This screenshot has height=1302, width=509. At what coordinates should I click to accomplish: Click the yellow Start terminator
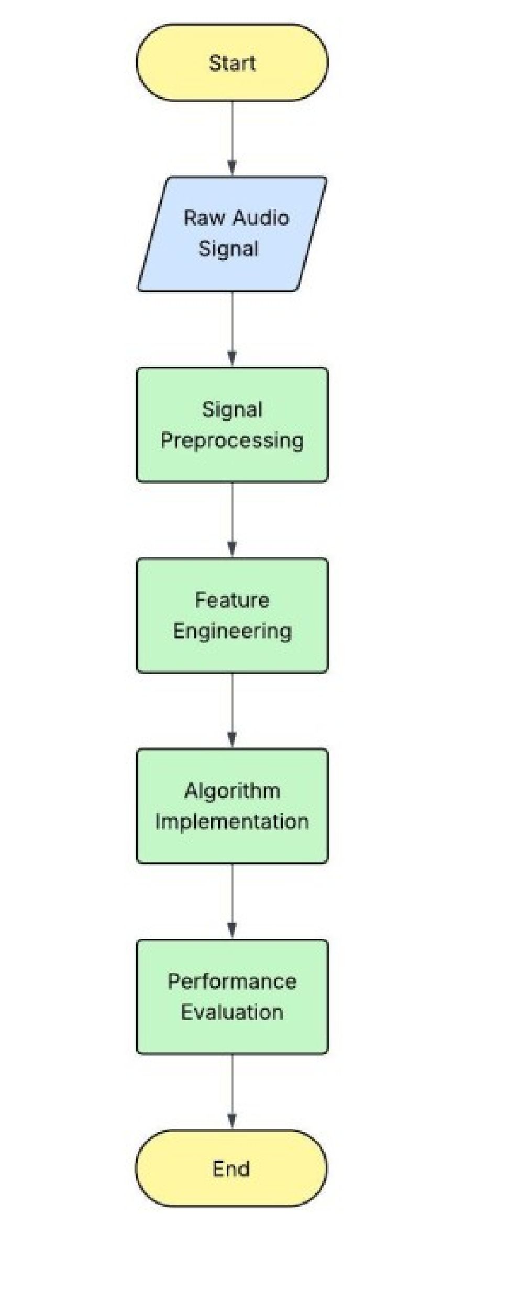point(232,62)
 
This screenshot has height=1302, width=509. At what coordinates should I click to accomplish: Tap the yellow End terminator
point(231,1168)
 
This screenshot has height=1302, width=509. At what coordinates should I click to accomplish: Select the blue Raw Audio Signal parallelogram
point(232,233)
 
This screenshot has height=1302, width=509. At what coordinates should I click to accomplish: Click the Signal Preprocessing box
point(232,424)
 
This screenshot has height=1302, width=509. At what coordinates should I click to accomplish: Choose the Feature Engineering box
point(232,615)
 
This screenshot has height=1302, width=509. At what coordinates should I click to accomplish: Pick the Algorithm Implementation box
point(232,806)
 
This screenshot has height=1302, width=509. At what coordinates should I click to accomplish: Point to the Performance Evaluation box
point(232,996)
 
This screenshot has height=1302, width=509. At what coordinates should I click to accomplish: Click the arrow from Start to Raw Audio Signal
point(232,138)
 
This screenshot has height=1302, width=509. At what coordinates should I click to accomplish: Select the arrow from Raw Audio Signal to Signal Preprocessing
point(232,329)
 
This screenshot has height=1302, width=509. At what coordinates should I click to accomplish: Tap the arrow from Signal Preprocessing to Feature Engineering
point(232,520)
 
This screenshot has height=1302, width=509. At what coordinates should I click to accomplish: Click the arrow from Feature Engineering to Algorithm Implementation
point(232,711)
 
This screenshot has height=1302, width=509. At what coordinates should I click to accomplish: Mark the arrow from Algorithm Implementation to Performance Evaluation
point(232,901)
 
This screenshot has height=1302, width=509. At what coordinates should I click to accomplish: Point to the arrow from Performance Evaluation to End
point(232,1092)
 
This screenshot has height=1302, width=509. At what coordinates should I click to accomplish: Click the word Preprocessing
point(232,441)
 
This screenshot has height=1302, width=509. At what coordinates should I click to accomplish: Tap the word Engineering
point(232,631)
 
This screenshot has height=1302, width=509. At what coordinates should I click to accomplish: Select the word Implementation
point(232,822)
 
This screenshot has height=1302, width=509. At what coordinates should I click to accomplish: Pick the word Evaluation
point(232,1012)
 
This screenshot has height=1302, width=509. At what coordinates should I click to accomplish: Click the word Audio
point(261,218)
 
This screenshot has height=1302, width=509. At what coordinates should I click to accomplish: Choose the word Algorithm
point(232,790)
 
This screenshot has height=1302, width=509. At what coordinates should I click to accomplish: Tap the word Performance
point(232,981)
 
